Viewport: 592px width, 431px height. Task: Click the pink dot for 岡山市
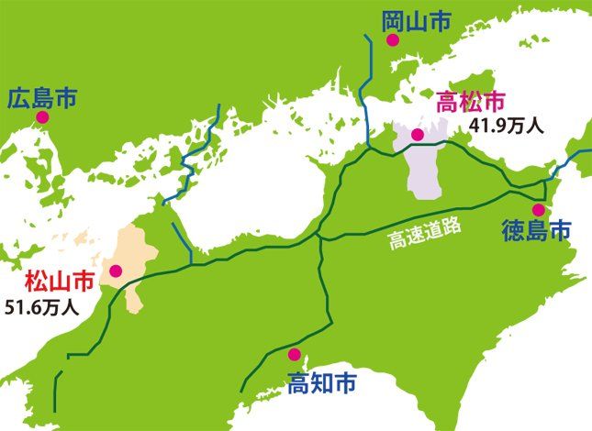pos(392,40)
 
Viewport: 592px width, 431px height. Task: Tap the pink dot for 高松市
pos(417,135)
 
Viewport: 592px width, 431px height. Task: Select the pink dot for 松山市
pos(116,271)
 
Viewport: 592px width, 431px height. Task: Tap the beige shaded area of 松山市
pos(133,252)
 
